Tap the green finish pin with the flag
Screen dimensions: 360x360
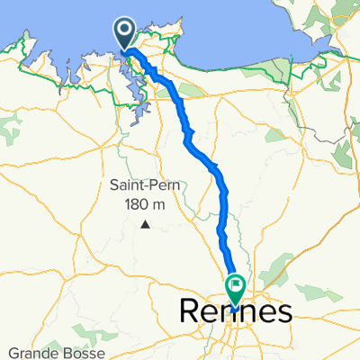coord(235,289)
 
